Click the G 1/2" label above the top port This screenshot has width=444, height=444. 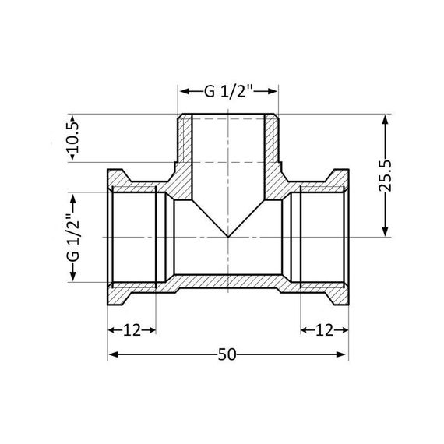229,92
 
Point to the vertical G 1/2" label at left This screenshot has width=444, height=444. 72,237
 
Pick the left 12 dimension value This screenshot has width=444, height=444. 132,329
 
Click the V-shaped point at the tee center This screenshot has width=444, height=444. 229,237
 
